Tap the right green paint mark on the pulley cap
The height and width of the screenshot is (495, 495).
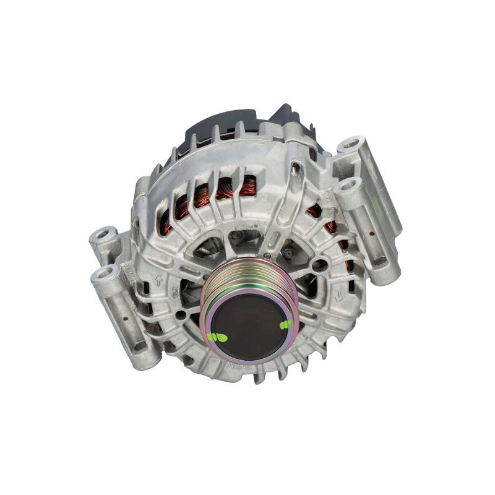tap(286, 324)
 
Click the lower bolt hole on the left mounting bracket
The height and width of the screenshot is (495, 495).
tap(105, 273)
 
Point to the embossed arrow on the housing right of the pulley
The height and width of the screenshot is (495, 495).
tap(339, 296)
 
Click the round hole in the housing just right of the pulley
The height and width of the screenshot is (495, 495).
tap(321, 266)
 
